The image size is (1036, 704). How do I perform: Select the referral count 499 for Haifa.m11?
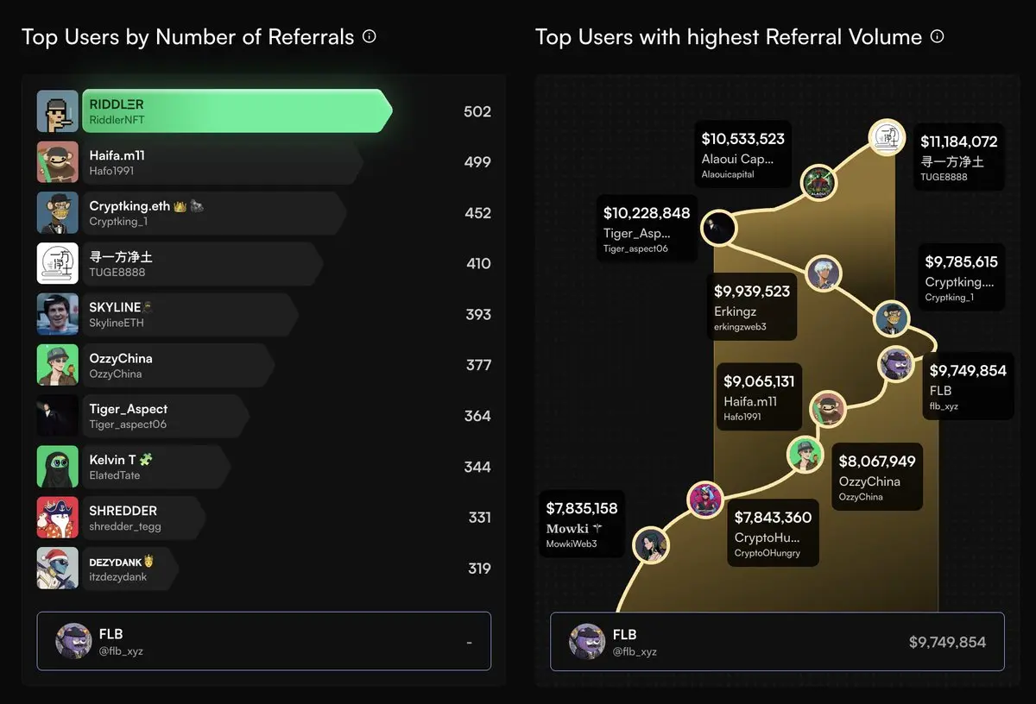coord(477,162)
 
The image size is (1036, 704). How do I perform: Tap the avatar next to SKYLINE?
coord(58,315)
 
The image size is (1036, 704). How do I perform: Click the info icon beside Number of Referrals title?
coord(370,36)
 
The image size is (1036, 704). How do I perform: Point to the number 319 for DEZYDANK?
coord(478,569)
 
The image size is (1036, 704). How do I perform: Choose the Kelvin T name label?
coord(113,460)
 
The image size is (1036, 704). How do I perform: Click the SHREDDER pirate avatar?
coord(58,518)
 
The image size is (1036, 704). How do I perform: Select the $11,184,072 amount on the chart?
coord(958,141)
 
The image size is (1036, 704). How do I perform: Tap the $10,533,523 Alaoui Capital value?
coord(742,139)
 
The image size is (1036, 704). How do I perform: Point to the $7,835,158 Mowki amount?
coord(582,508)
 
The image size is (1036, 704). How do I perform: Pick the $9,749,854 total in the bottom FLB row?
coord(947,642)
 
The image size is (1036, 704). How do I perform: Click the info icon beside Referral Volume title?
coord(937,36)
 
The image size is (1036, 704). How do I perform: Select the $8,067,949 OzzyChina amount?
coord(877,462)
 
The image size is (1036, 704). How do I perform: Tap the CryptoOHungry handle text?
coord(767,553)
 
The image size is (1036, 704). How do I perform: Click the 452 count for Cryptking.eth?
coord(477,213)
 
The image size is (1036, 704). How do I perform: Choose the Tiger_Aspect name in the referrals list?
coord(129,409)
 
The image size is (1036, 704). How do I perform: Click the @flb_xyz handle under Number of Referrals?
coord(121,651)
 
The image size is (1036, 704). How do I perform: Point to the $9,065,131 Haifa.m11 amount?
coord(759,381)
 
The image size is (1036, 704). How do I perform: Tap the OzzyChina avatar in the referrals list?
coord(58,365)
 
